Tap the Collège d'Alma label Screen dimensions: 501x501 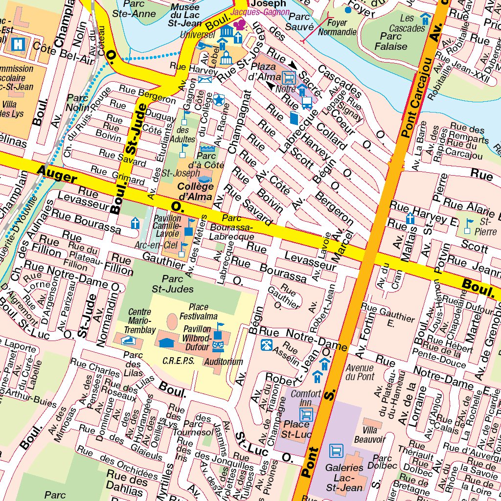coord(196,192)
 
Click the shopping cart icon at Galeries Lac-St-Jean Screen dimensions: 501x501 coord(336,450)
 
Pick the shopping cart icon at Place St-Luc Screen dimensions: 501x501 coord(307,415)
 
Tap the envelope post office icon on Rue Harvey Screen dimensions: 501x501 coord(205,79)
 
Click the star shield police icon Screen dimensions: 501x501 coord(219,100)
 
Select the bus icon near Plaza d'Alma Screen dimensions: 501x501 coord(307,102)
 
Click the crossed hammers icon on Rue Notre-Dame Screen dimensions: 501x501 coord(267,344)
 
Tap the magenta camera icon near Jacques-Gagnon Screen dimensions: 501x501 coord(239,24)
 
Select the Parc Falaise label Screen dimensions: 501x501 coord(390,42)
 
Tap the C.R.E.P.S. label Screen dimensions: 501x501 coord(179,361)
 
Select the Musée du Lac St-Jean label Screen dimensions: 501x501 coord(185,15)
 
